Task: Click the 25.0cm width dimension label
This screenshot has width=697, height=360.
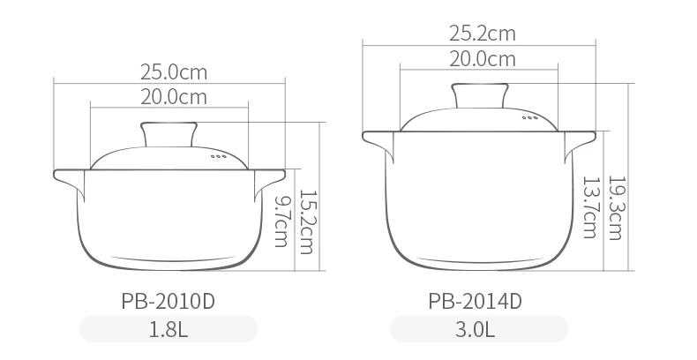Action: coord(174,72)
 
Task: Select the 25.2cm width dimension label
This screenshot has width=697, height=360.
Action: coord(483,34)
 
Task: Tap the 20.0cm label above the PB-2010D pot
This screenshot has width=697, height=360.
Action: coord(174,97)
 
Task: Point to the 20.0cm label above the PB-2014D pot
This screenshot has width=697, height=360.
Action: coord(483,59)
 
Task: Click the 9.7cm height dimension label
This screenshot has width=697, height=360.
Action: coord(281,221)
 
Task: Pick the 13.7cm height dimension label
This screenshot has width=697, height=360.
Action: coord(590,207)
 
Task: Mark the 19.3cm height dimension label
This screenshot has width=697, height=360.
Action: coord(615,208)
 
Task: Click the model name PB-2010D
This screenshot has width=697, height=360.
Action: coord(168,301)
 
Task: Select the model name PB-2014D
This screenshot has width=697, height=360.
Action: coord(476,301)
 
